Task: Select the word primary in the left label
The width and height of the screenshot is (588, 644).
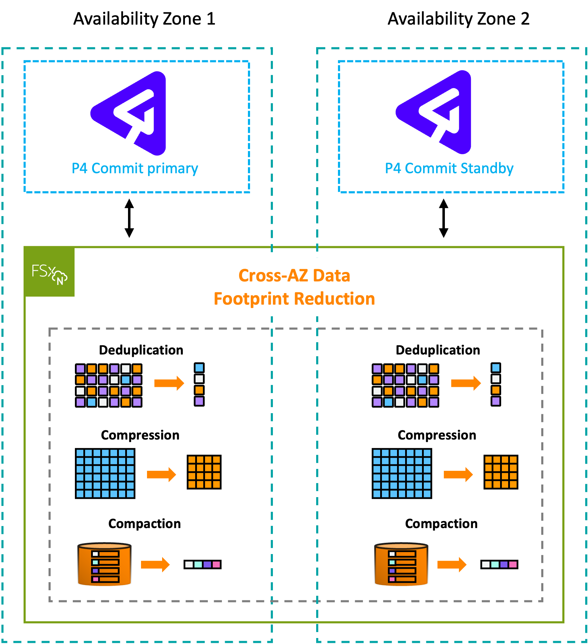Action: [173, 169]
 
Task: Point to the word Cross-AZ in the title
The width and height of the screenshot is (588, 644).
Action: [274, 275]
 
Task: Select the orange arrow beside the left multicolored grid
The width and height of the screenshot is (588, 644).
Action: [169, 383]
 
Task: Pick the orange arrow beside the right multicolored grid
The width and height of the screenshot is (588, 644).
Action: [466, 383]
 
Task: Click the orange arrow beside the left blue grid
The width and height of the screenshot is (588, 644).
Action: [161, 474]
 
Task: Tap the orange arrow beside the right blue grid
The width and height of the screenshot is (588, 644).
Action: [458, 474]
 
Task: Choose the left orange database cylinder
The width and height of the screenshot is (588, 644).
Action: [104, 565]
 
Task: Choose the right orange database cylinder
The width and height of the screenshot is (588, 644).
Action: [401, 565]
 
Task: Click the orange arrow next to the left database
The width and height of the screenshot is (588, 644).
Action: [155, 565]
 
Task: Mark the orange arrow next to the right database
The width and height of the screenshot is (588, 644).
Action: [452, 565]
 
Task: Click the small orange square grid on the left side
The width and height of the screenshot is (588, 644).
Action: [204, 472]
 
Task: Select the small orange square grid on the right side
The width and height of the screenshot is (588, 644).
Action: [501, 472]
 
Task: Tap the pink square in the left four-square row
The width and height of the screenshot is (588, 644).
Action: [216, 565]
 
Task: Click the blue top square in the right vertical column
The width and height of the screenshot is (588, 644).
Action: [496, 368]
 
